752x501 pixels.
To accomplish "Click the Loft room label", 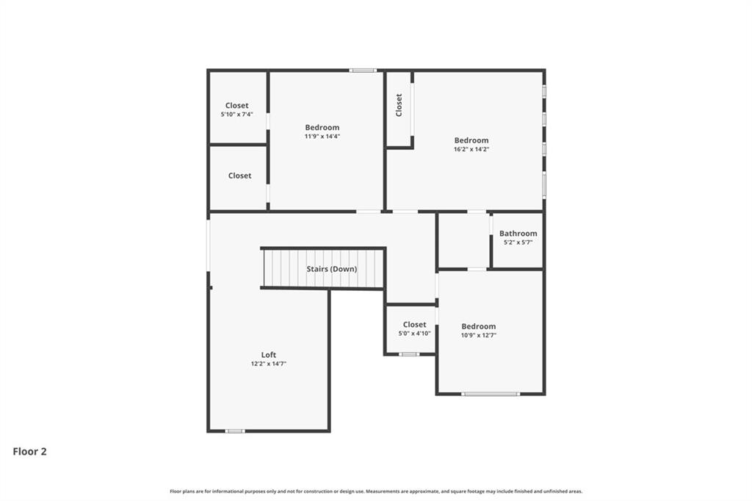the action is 269,355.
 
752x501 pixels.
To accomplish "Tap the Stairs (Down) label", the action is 332,269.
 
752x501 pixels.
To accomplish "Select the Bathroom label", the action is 518,233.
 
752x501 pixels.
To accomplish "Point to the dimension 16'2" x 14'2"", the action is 471,149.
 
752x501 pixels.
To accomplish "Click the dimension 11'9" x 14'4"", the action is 322,137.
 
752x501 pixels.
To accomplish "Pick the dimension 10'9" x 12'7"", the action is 479,336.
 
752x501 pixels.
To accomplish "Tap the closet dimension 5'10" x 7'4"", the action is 237,114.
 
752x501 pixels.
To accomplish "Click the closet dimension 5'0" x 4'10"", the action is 414,333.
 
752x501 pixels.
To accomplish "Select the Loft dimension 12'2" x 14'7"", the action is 269,364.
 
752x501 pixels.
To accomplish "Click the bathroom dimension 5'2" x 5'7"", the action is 518,242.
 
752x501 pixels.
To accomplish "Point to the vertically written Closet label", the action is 399,104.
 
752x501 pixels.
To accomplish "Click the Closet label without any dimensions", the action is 240,176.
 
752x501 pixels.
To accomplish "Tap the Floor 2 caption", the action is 29,451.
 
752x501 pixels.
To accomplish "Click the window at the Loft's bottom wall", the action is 235,431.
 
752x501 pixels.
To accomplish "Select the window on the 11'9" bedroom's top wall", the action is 363,71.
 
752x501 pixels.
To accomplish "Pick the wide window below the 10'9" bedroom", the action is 491,394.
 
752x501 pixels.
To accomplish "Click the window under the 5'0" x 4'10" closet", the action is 409,354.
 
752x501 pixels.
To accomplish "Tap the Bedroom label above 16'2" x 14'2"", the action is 471,140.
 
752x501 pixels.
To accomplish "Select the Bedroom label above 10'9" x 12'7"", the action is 479,326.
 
